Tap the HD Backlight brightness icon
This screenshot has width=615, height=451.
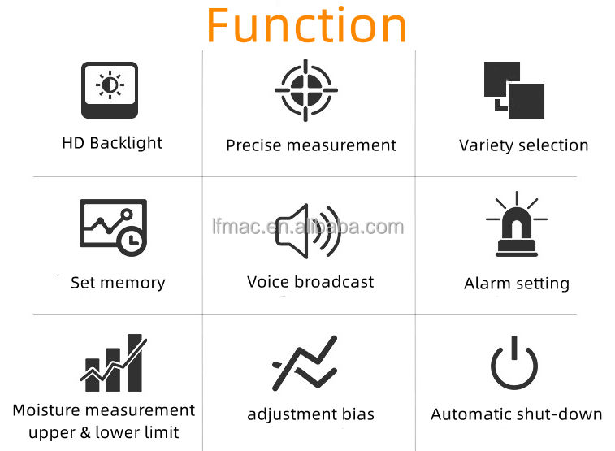point(110,89)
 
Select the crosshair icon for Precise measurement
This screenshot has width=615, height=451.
point(306,90)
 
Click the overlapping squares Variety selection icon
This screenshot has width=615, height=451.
point(513,90)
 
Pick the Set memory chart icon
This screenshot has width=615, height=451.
point(113,227)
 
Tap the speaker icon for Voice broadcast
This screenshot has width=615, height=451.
point(308,231)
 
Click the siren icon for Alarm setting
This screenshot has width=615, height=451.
point(516,225)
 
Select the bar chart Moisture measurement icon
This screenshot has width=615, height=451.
point(113,359)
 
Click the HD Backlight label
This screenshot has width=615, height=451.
point(112,143)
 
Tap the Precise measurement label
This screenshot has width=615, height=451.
point(311,145)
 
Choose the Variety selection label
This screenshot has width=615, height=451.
point(523,145)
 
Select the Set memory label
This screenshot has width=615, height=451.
point(118,283)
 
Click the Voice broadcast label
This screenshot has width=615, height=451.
point(310,282)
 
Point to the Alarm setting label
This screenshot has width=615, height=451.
point(517,284)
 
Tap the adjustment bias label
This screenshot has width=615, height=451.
point(310,414)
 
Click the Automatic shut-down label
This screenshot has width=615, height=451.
point(517,414)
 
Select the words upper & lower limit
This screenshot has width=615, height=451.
point(104,432)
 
